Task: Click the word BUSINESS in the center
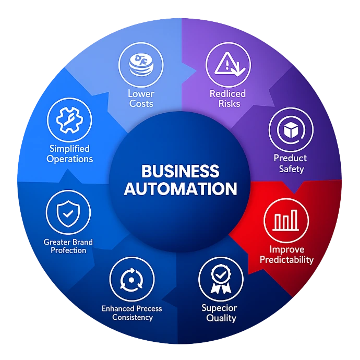[180, 171]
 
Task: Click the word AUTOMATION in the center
[180, 188]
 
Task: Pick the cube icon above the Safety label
[291, 129]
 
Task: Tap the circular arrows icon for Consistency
[131, 280]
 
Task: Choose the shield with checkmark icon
[68, 213]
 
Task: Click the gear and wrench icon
[69, 119]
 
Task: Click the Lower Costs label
[141, 99]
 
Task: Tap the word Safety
[291, 169]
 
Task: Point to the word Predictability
[286, 259]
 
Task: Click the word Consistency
[133, 317]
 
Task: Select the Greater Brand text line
[68, 242]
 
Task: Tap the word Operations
[69, 159]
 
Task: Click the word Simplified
[69, 149]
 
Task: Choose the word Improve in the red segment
[286, 249]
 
